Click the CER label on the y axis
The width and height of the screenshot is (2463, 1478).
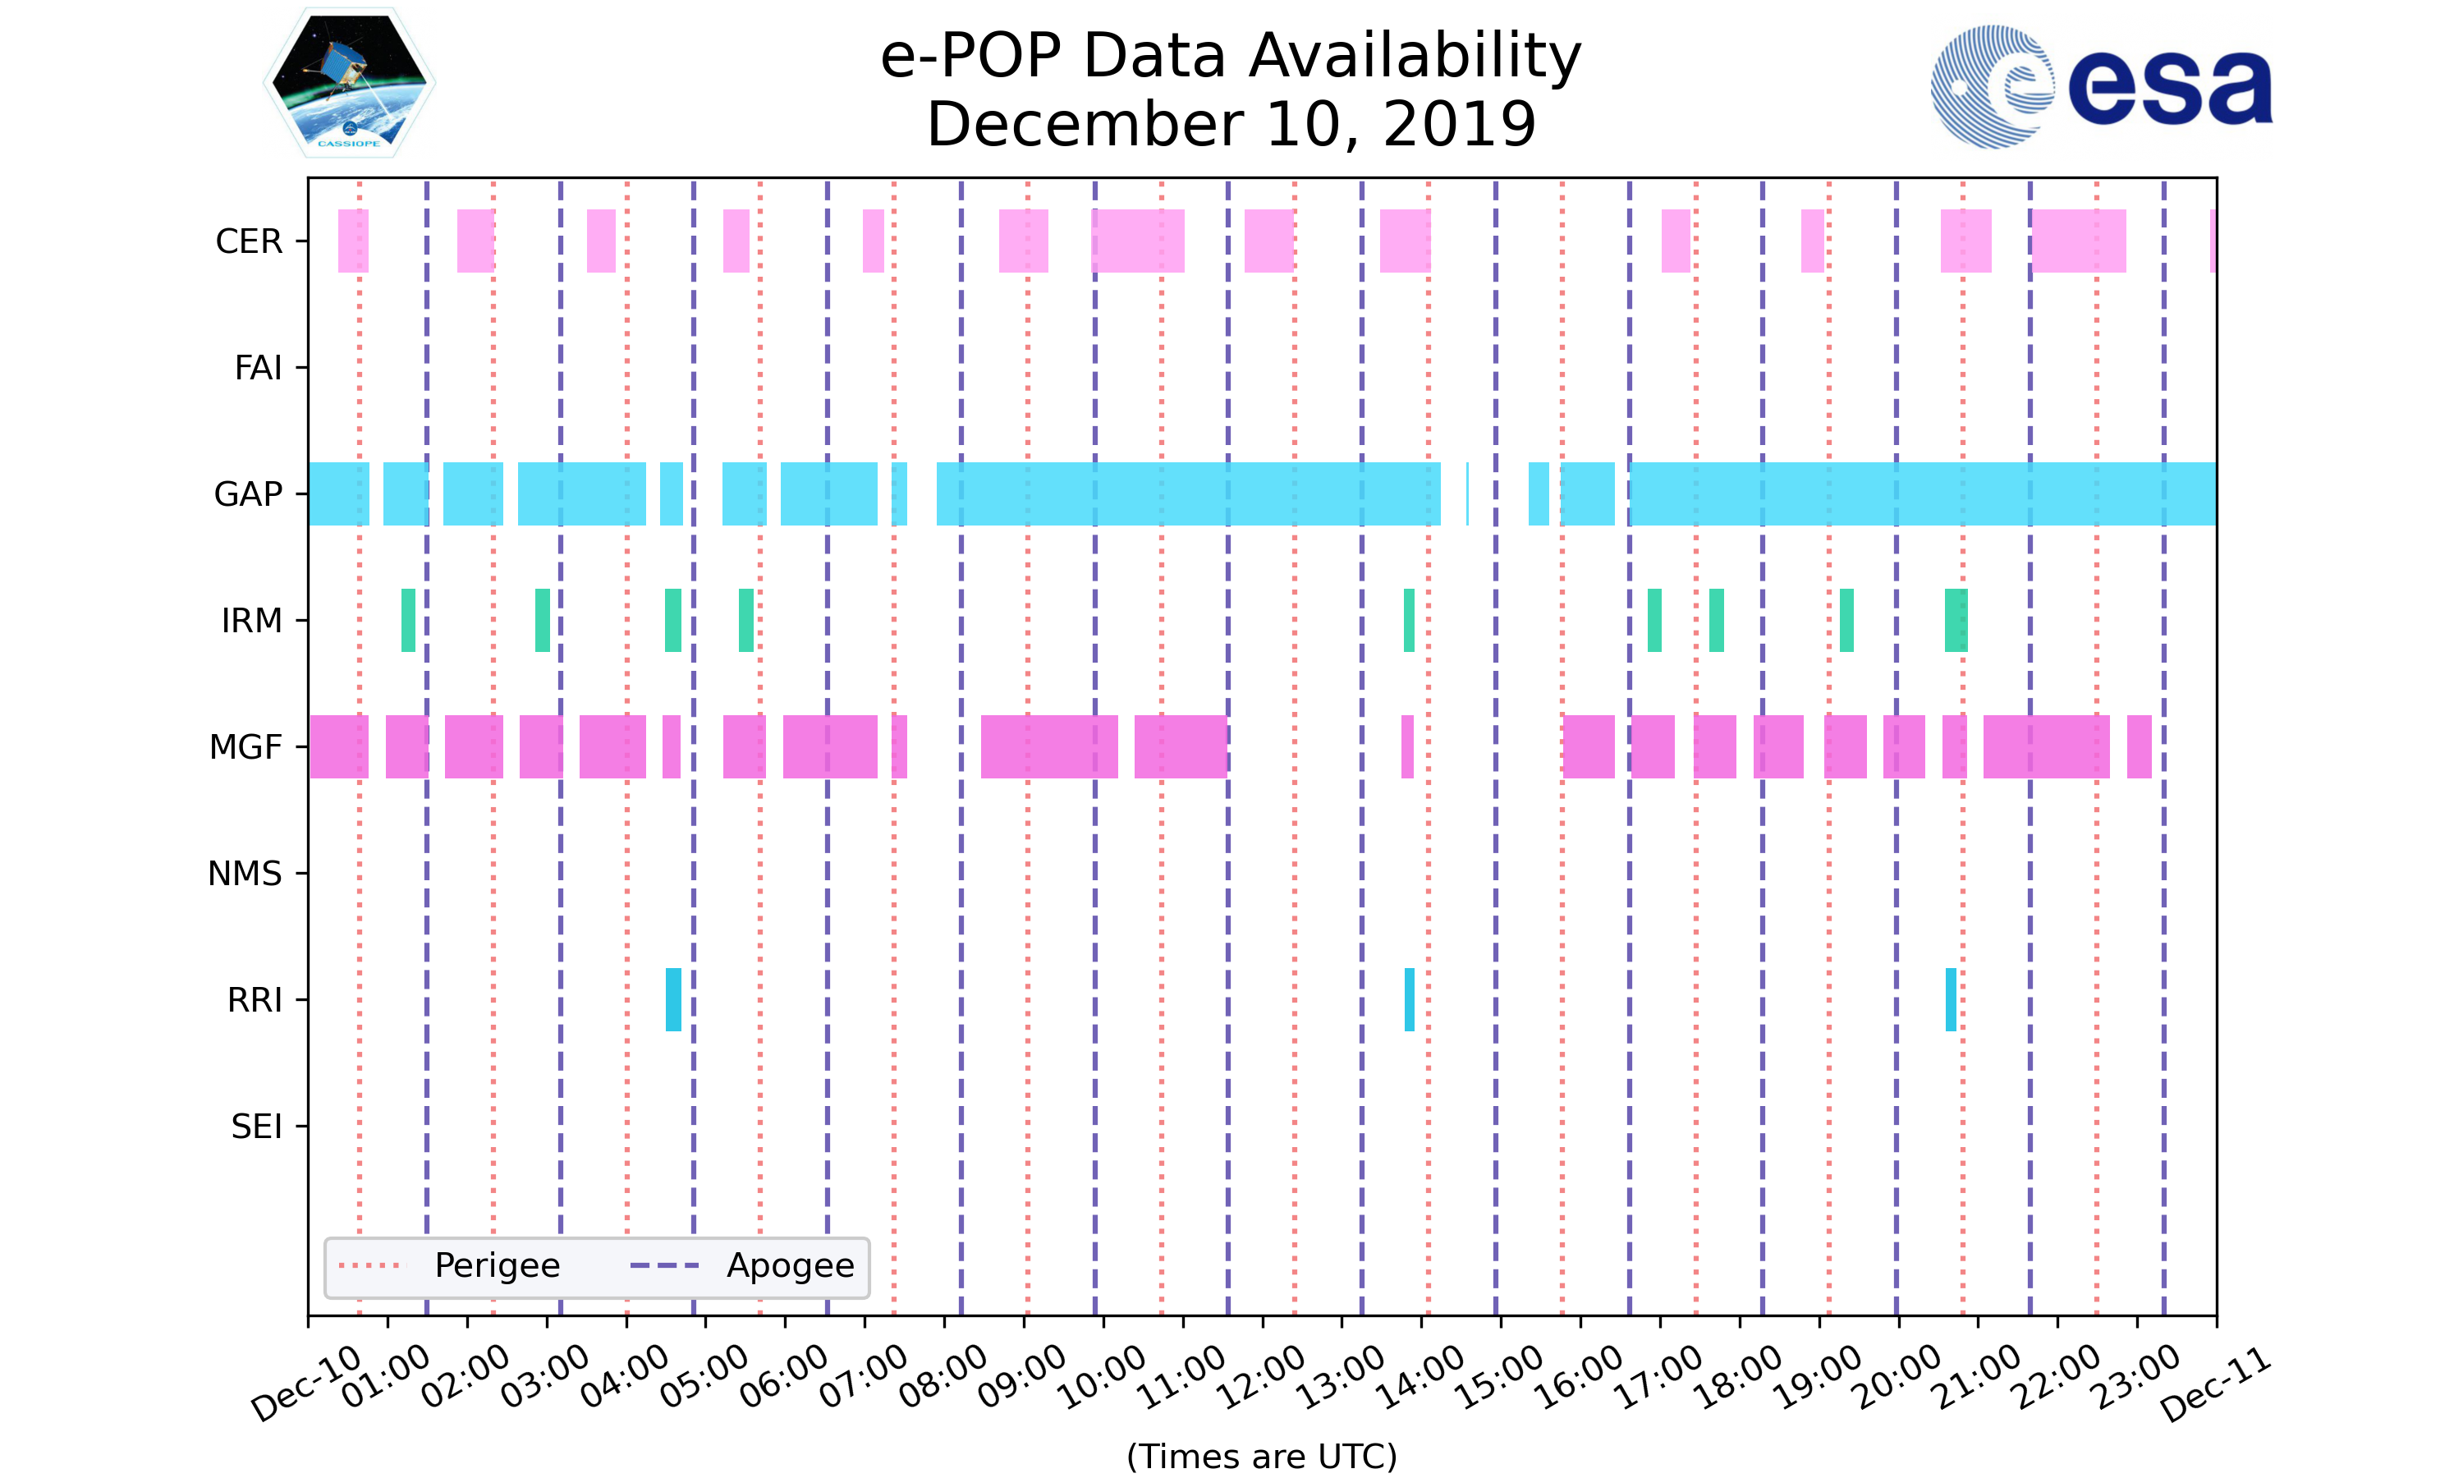(x=249, y=241)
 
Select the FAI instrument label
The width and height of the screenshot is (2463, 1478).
(x=258, y=368)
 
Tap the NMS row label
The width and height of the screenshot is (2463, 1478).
(x=245, y=874)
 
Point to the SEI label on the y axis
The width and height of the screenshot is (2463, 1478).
(x=257, y=1127)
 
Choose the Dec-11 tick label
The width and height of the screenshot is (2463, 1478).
(x=2215, y=1384)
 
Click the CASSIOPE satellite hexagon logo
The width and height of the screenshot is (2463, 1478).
(x=350, y=83)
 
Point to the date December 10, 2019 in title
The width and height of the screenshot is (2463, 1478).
(x=1231, y=125)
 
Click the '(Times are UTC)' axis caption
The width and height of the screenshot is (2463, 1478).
(x=1261, y=1456)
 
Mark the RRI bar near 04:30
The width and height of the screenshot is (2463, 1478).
(x=674, y=999)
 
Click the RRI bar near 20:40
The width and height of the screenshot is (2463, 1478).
(x=1951, y=999)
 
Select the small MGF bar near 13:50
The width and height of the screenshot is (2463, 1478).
(x=1406, y=747)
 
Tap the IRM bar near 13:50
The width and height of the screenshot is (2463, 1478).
(x=1409, y=621)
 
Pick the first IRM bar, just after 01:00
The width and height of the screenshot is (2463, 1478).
(x=408, y=621)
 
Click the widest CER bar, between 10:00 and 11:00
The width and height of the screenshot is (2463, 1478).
(x=1138, y=241)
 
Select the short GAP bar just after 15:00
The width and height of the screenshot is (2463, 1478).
(x=1538, y=494)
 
